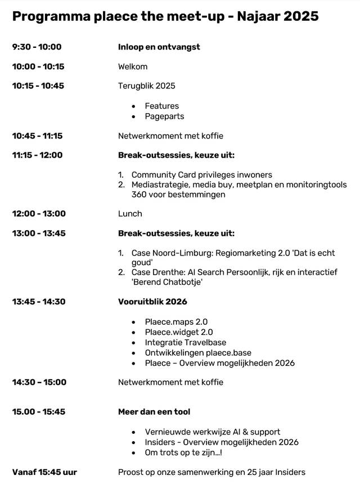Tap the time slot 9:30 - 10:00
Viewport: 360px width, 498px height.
37,47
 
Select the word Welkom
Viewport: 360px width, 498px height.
133,66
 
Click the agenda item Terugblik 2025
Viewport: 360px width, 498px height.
146,86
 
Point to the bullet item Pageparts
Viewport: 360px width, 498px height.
164,116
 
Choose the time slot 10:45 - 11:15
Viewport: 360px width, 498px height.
37,136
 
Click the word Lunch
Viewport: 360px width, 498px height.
130,214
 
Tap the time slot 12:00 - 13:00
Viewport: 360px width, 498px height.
39,214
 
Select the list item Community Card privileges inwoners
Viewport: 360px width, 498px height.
201,175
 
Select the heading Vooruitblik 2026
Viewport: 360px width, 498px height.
152,302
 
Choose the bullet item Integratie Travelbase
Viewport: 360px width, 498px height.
186,342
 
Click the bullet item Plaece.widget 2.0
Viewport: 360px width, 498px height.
179,332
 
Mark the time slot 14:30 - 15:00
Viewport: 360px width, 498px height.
39,383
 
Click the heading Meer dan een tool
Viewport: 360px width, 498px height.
154,412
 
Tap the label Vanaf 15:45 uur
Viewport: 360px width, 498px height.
44,472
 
